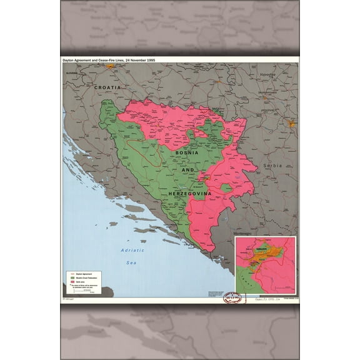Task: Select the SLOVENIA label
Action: pos(73,73)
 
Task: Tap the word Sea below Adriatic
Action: pos(131,263)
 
